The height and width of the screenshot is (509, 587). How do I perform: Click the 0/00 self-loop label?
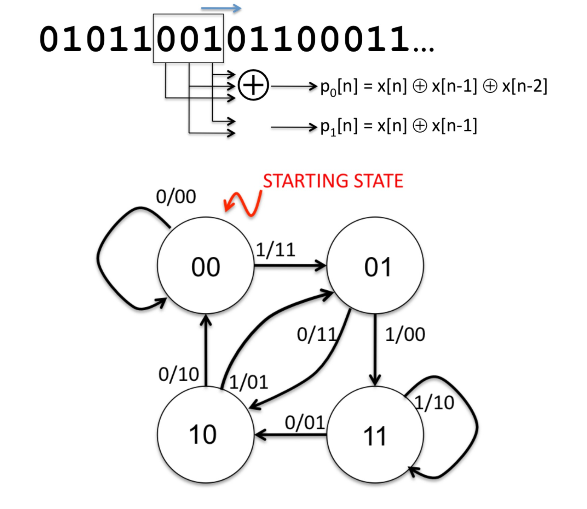pos(176,197)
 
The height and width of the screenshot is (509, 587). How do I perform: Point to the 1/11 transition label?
pos(276,250)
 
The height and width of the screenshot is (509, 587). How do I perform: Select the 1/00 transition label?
pos(405,334)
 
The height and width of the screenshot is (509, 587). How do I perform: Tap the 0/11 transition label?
pos(317,334)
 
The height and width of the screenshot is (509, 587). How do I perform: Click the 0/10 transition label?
pos(179,374)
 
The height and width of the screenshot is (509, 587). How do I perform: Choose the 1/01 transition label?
pos(248,382)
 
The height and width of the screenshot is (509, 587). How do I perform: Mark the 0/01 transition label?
pos(305,422)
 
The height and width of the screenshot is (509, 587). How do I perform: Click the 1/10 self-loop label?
pos(435,403)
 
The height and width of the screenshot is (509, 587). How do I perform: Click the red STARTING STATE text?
pos(333,181)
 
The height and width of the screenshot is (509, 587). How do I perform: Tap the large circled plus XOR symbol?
pos(253,85)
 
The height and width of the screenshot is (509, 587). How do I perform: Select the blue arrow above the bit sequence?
pos(221,8)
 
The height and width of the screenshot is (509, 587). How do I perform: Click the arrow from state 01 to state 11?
pos(375,349)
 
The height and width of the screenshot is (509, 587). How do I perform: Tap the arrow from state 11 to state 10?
pos(290,434)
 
